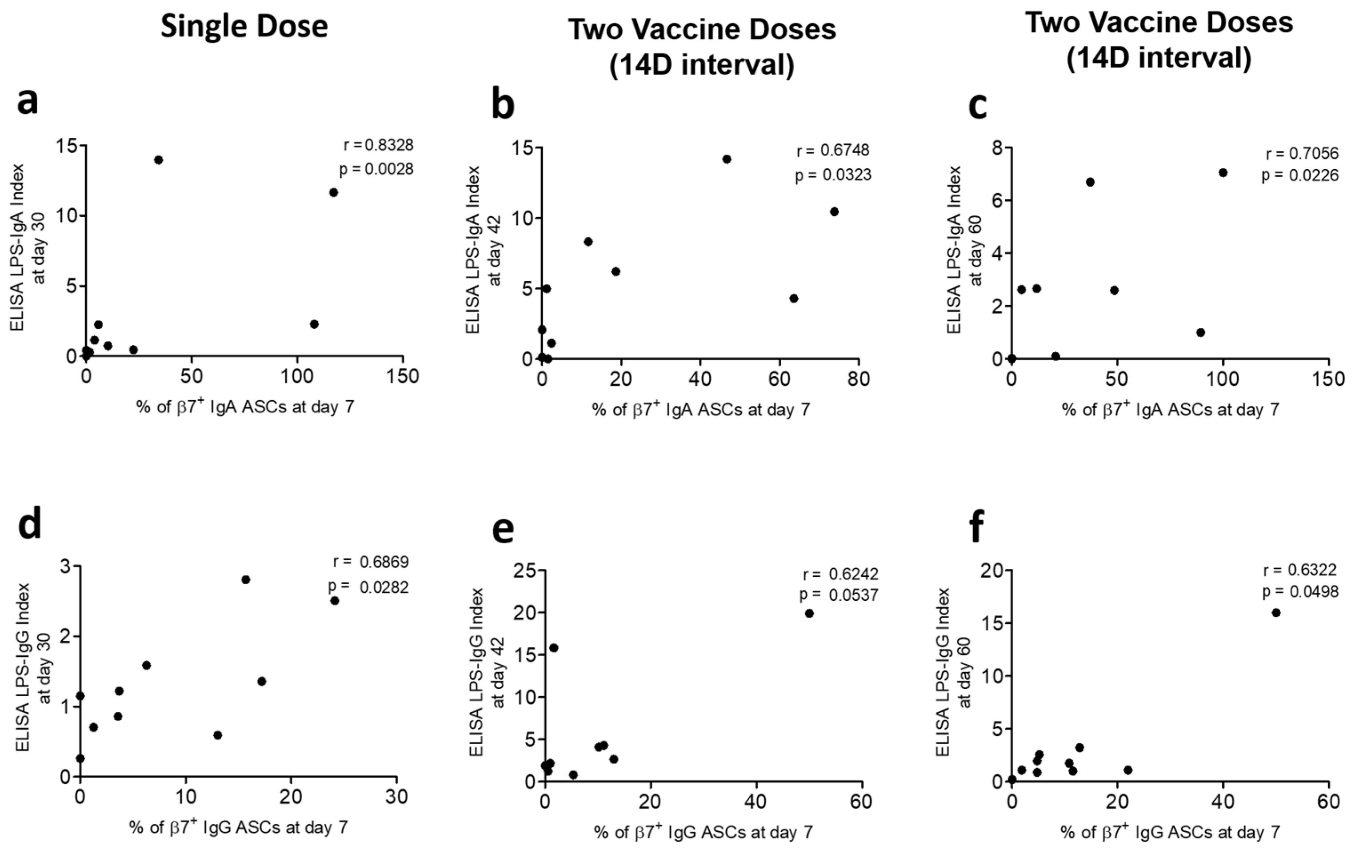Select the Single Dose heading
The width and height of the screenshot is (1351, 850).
[244, 26]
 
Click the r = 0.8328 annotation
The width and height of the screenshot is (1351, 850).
[378, 145]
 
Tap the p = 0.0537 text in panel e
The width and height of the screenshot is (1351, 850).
[839, 595]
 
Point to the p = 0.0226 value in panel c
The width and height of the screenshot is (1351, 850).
[1300, 176]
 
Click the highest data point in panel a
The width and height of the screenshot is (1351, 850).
[158, 160]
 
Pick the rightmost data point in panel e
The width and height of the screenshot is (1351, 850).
[809, 613]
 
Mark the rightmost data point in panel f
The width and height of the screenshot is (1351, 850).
[1276, 613]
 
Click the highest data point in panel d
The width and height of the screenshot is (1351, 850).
[245, 579]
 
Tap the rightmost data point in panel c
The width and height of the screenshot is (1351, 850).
[1223, 173]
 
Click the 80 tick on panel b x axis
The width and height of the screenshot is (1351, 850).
[859, 379]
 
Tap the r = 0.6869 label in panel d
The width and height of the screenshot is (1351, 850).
[370, 562]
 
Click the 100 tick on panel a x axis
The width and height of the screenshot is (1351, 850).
[297, 376]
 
